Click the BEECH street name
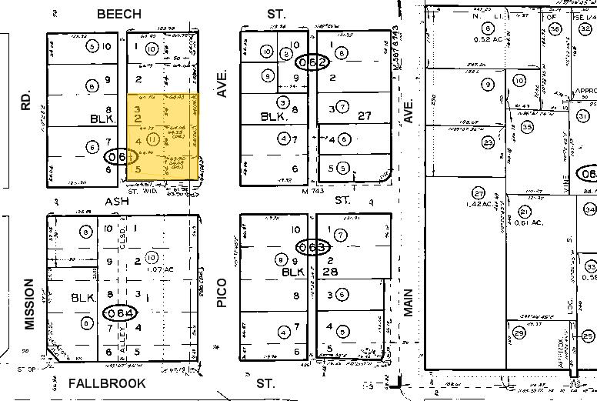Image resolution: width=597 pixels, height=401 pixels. tap(118, 14)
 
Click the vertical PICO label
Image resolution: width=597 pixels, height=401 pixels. tap(222, 293)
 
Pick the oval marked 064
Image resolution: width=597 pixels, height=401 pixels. tap(121, 313)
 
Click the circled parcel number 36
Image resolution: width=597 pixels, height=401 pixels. tap(555, 29)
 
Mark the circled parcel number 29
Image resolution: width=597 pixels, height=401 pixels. tap(519, 332)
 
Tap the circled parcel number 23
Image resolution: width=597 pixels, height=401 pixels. tap(488, 142)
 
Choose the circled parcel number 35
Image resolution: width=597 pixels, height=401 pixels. tap(527, 128)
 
